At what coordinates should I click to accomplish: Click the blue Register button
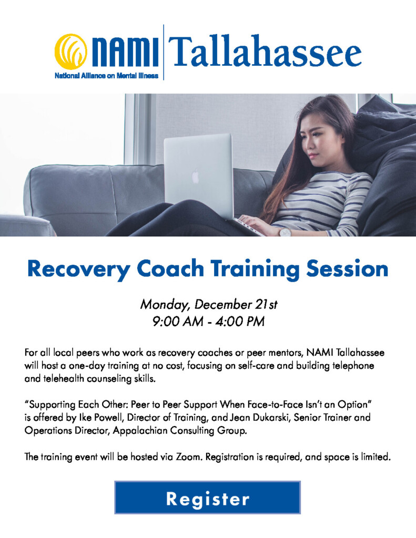pyautogui.click(x=208, y=497)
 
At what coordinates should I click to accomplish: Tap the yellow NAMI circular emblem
pyautogui.click(x=70, y=51)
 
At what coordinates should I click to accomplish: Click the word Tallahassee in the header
pyautogui.click(x=265, y=51)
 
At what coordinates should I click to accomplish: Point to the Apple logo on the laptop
pyautogui.click(x=195, y=177)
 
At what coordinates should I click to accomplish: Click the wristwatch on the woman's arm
pyautogui.click(x=285, y=232)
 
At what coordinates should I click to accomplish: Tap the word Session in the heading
pyautogui.click(x=347, y=268)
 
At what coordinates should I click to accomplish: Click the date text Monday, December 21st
pyautogui.click(x=208, y=305)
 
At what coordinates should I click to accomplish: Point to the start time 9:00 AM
pyautogui.click(x=178, y=322)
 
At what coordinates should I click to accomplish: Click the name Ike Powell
pyautogui.click(x=100, y=418)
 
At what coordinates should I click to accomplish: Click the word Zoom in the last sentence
pyautogui.click(x=189, y=457)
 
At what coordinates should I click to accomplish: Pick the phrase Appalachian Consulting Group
pyautogui.click(x=180, y=431)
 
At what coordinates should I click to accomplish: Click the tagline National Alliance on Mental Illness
pyautogui.click(x=106, y=76)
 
